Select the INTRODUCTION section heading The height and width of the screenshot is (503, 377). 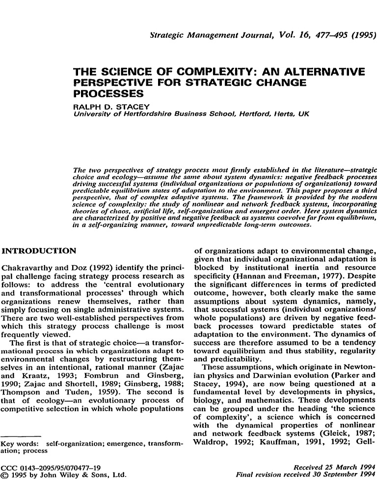point(39,251)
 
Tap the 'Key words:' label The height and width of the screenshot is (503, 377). point(20,444)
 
